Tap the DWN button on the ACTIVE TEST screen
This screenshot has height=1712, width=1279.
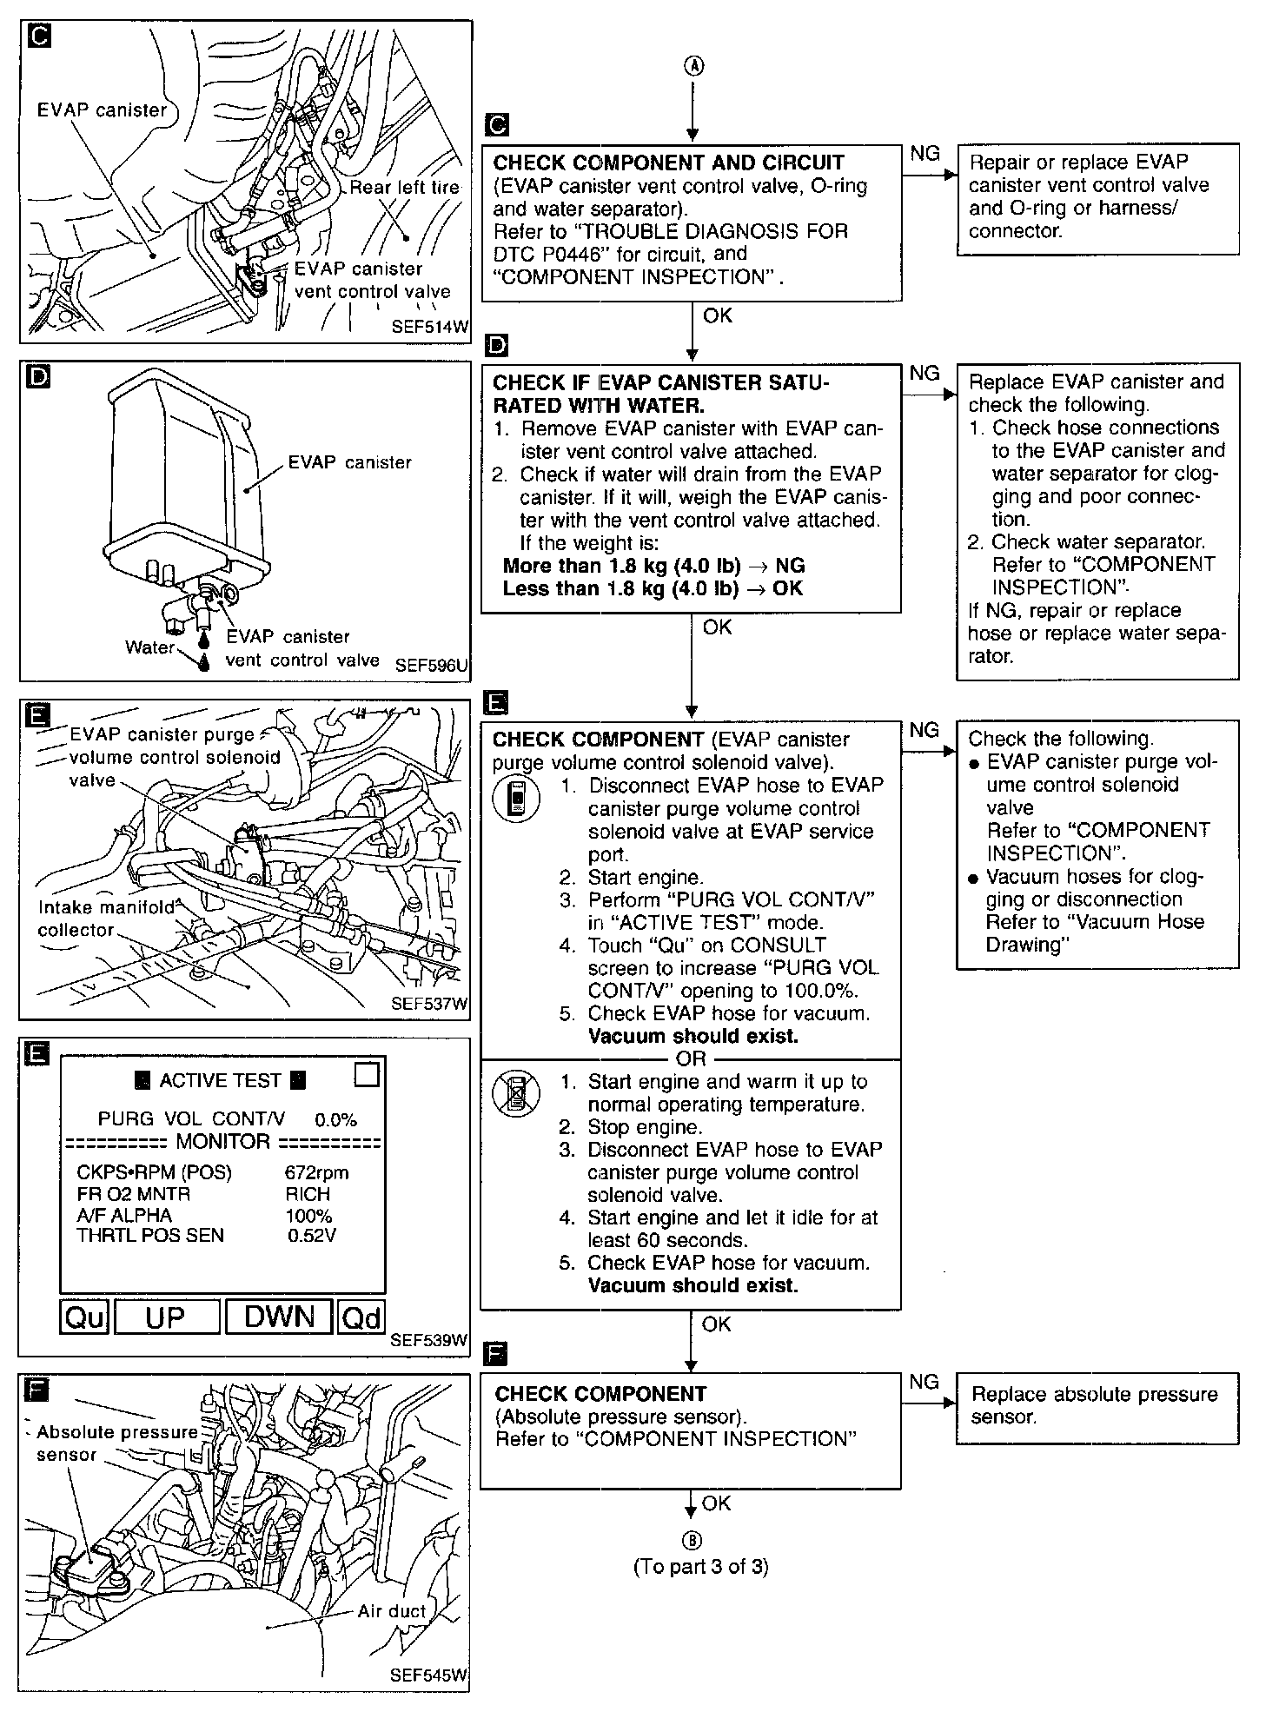point(279,1317)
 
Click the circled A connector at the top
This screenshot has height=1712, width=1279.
point(693,67)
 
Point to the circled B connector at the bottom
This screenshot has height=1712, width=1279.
point(693,1540)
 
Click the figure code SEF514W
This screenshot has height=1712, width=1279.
point(429,327)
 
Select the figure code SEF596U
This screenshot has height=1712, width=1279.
point(431,666)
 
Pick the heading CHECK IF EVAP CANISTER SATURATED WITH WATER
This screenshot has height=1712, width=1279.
point(660,394)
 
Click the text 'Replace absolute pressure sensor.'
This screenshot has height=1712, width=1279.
point(1094,1405)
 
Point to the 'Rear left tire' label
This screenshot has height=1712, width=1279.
point(404,187)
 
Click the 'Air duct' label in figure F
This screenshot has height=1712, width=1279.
point(392,1610)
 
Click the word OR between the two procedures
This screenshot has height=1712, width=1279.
point(692,1059)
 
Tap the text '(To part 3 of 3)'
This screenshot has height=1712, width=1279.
point(701,1566)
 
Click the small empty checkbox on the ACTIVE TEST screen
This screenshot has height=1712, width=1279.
point(368,1076)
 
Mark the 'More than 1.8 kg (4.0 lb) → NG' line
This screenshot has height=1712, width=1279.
point(654,566)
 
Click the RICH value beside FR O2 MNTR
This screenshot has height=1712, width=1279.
point(308,1194)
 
